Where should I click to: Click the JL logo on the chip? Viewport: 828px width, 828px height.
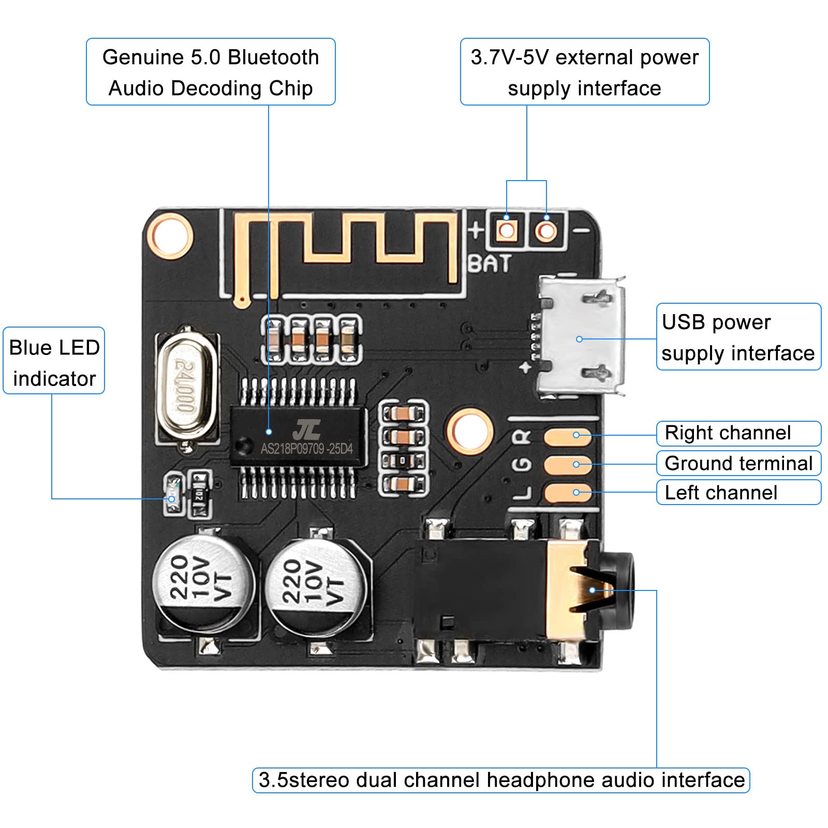306,430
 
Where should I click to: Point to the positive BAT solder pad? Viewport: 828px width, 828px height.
507,230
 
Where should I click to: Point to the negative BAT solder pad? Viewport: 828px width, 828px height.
546,230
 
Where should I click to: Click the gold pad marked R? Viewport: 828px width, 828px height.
567,436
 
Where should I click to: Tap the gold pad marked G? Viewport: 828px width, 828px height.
567,464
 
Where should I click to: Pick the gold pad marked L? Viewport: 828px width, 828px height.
567,493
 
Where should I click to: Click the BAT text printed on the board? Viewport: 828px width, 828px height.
490,263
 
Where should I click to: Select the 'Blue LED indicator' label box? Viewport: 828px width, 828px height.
54,361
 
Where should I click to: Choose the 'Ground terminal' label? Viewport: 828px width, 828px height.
738,463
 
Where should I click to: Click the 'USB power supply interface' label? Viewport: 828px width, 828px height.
738,337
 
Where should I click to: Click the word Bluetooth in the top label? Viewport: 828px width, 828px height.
273,57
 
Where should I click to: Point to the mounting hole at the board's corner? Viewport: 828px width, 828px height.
170,236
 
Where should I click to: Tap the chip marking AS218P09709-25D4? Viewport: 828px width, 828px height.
306,449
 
